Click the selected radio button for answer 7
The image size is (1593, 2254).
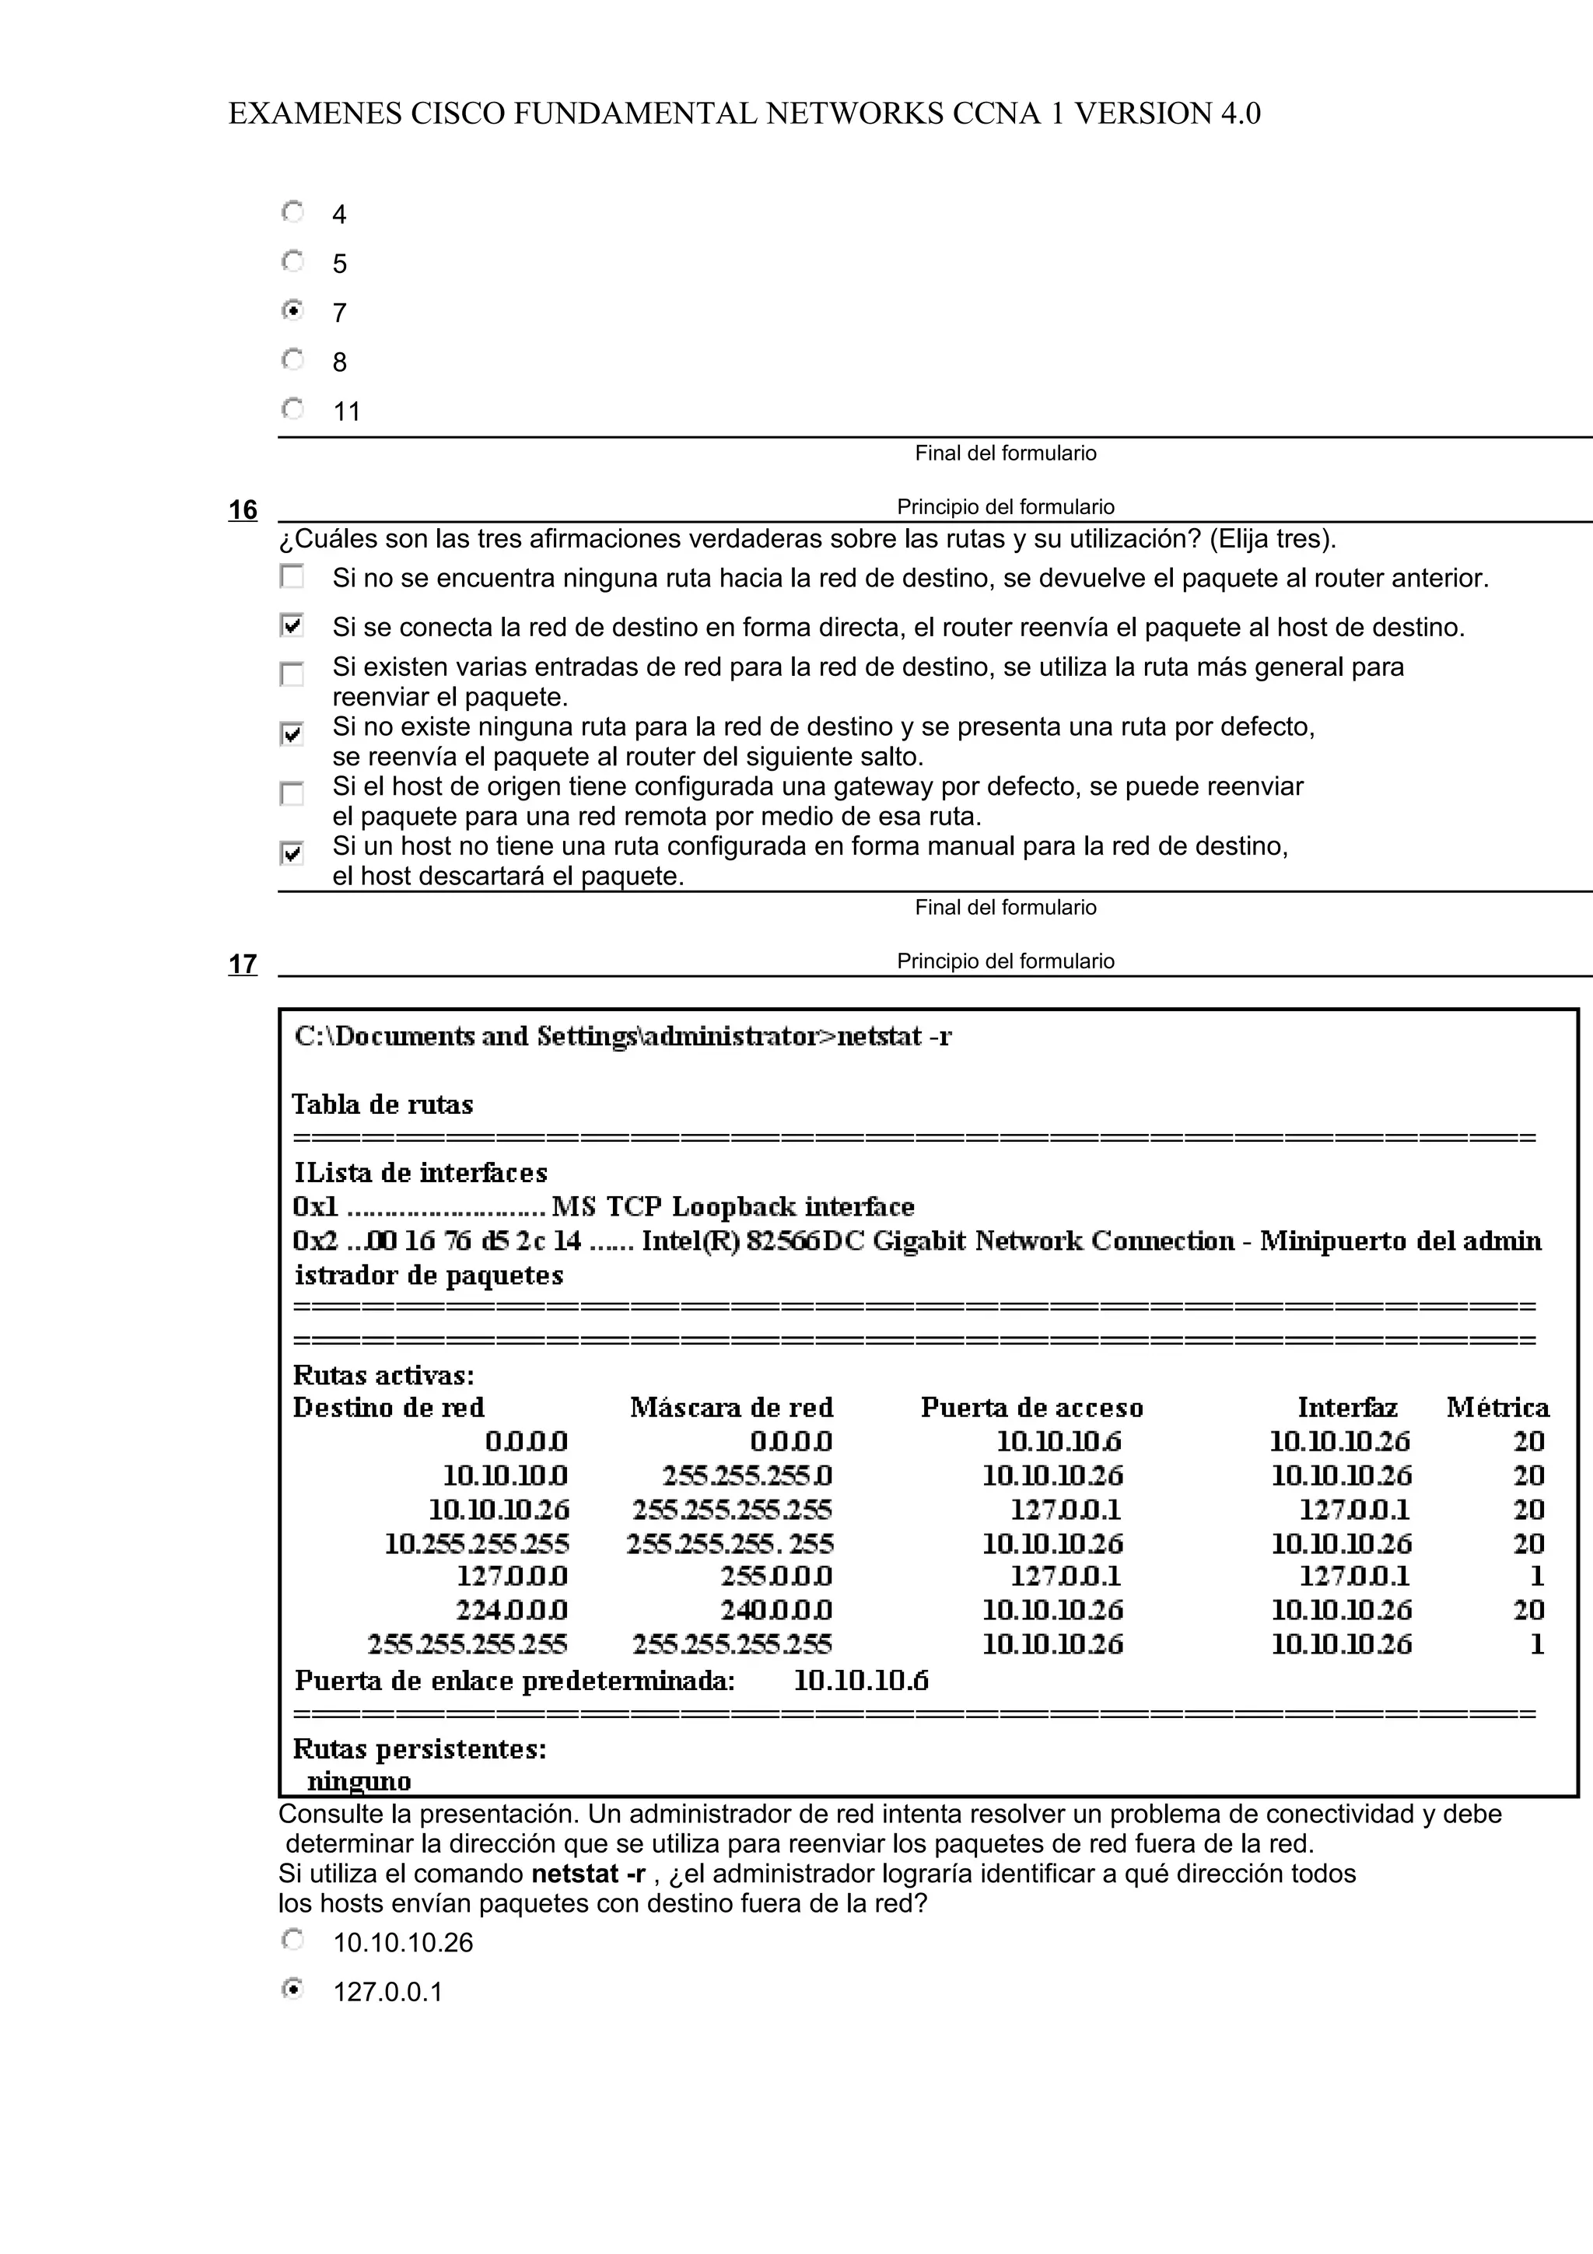point(292,310)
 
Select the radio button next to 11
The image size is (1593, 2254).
point(292,408)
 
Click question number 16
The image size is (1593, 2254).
point(243,509)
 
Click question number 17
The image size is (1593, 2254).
point(243,964)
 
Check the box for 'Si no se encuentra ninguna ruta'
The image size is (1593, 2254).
point(292,576)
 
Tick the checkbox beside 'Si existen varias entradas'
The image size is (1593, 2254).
point(292,674)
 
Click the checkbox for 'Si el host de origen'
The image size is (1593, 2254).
point(292,793)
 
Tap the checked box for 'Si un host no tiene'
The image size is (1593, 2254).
point(292,853)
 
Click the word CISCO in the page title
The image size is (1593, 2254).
point(457,114)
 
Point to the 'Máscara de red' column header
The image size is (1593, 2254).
point(731,1408)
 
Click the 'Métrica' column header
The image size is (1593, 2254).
point(1497,1408)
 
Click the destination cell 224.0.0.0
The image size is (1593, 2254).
point(511,1610)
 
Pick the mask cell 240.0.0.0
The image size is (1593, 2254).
point(775,1610)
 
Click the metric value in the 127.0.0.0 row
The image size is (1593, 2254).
point(1536,1577)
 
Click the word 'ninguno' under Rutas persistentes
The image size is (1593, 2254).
point(359,1781)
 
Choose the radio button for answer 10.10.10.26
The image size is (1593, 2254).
point(292,1940)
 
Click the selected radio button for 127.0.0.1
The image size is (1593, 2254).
point(292,1989)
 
